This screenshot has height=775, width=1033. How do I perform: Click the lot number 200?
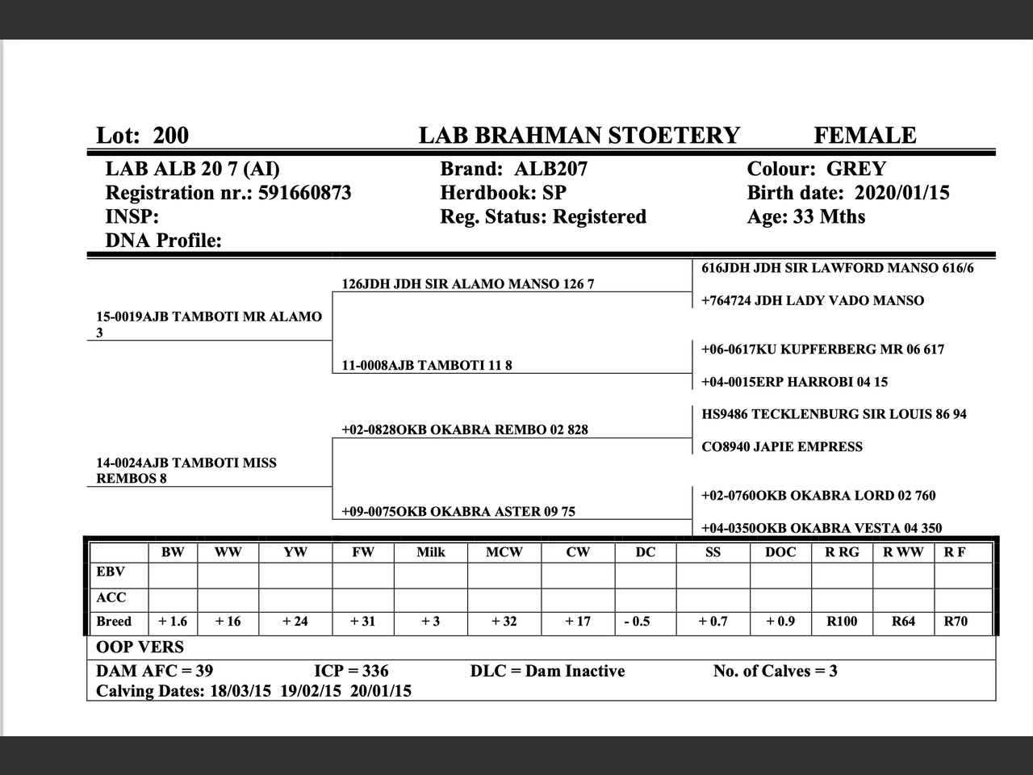click(170, 135)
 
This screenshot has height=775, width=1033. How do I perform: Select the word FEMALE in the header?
click(864, 135)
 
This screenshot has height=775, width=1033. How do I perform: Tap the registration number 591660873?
click(304, 193)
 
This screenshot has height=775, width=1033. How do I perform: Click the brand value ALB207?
click(550, 169)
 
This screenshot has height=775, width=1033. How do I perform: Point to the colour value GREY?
click(855, 169)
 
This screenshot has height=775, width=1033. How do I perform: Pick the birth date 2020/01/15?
click(901, 193)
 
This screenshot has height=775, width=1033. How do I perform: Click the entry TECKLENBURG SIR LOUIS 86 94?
click(834, 414)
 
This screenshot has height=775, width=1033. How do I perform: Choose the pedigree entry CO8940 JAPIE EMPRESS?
click(781, 446)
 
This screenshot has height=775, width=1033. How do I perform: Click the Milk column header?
click(430, 552)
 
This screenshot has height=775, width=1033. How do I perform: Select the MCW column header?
click(504, 552)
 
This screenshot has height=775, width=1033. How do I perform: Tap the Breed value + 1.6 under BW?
click(173, 622)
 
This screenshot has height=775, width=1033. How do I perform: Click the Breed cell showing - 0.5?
click(637, 622)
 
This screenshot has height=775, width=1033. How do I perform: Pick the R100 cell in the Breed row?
click(842, 622)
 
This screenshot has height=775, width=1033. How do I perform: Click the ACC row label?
click(111, 597)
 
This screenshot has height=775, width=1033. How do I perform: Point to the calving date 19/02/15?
click(311, 691)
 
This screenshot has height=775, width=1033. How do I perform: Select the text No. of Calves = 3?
click(775, 671)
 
